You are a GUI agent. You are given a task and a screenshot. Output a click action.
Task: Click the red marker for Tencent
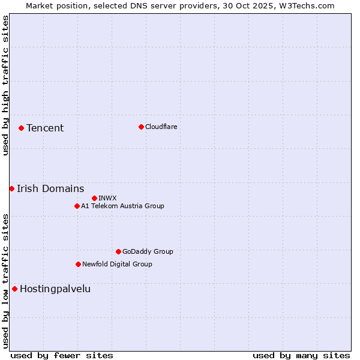tap(21, 128)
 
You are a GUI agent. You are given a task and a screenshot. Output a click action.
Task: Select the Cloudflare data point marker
tap(141, 127)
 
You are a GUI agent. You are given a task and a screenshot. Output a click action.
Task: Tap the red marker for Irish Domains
tap(11, 188)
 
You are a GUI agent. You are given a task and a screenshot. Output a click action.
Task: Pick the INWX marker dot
tap(94, 198)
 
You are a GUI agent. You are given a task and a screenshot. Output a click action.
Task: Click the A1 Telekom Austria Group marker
tap(77, 206)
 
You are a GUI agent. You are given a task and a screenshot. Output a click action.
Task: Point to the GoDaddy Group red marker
tap(118, 251)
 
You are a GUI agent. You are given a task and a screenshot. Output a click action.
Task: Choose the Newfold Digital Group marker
tap(78, 264)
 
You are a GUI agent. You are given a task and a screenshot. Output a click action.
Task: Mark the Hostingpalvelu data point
tap(14, 289)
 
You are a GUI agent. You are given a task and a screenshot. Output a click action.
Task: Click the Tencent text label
tap(45, 128)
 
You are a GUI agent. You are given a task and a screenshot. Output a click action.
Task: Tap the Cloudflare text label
tap(161, 127)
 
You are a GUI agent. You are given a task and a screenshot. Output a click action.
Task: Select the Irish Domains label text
tap(50, 188)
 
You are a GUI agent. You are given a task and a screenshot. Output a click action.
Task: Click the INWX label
tap(107, 198)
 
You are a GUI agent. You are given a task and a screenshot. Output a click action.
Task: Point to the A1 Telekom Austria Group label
tap(122, 206)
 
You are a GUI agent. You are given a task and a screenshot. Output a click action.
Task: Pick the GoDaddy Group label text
tap(148, 251)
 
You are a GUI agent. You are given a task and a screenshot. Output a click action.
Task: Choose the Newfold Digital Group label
tap(117, 264)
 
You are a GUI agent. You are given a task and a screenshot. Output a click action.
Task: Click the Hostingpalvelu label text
tap(55, 289)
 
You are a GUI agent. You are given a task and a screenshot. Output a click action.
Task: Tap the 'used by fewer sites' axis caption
tap(62, 355)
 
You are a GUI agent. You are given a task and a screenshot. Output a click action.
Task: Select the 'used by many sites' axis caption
tap(301, 355)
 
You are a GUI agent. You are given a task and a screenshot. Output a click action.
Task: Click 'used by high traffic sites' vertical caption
tap(5, 85)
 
